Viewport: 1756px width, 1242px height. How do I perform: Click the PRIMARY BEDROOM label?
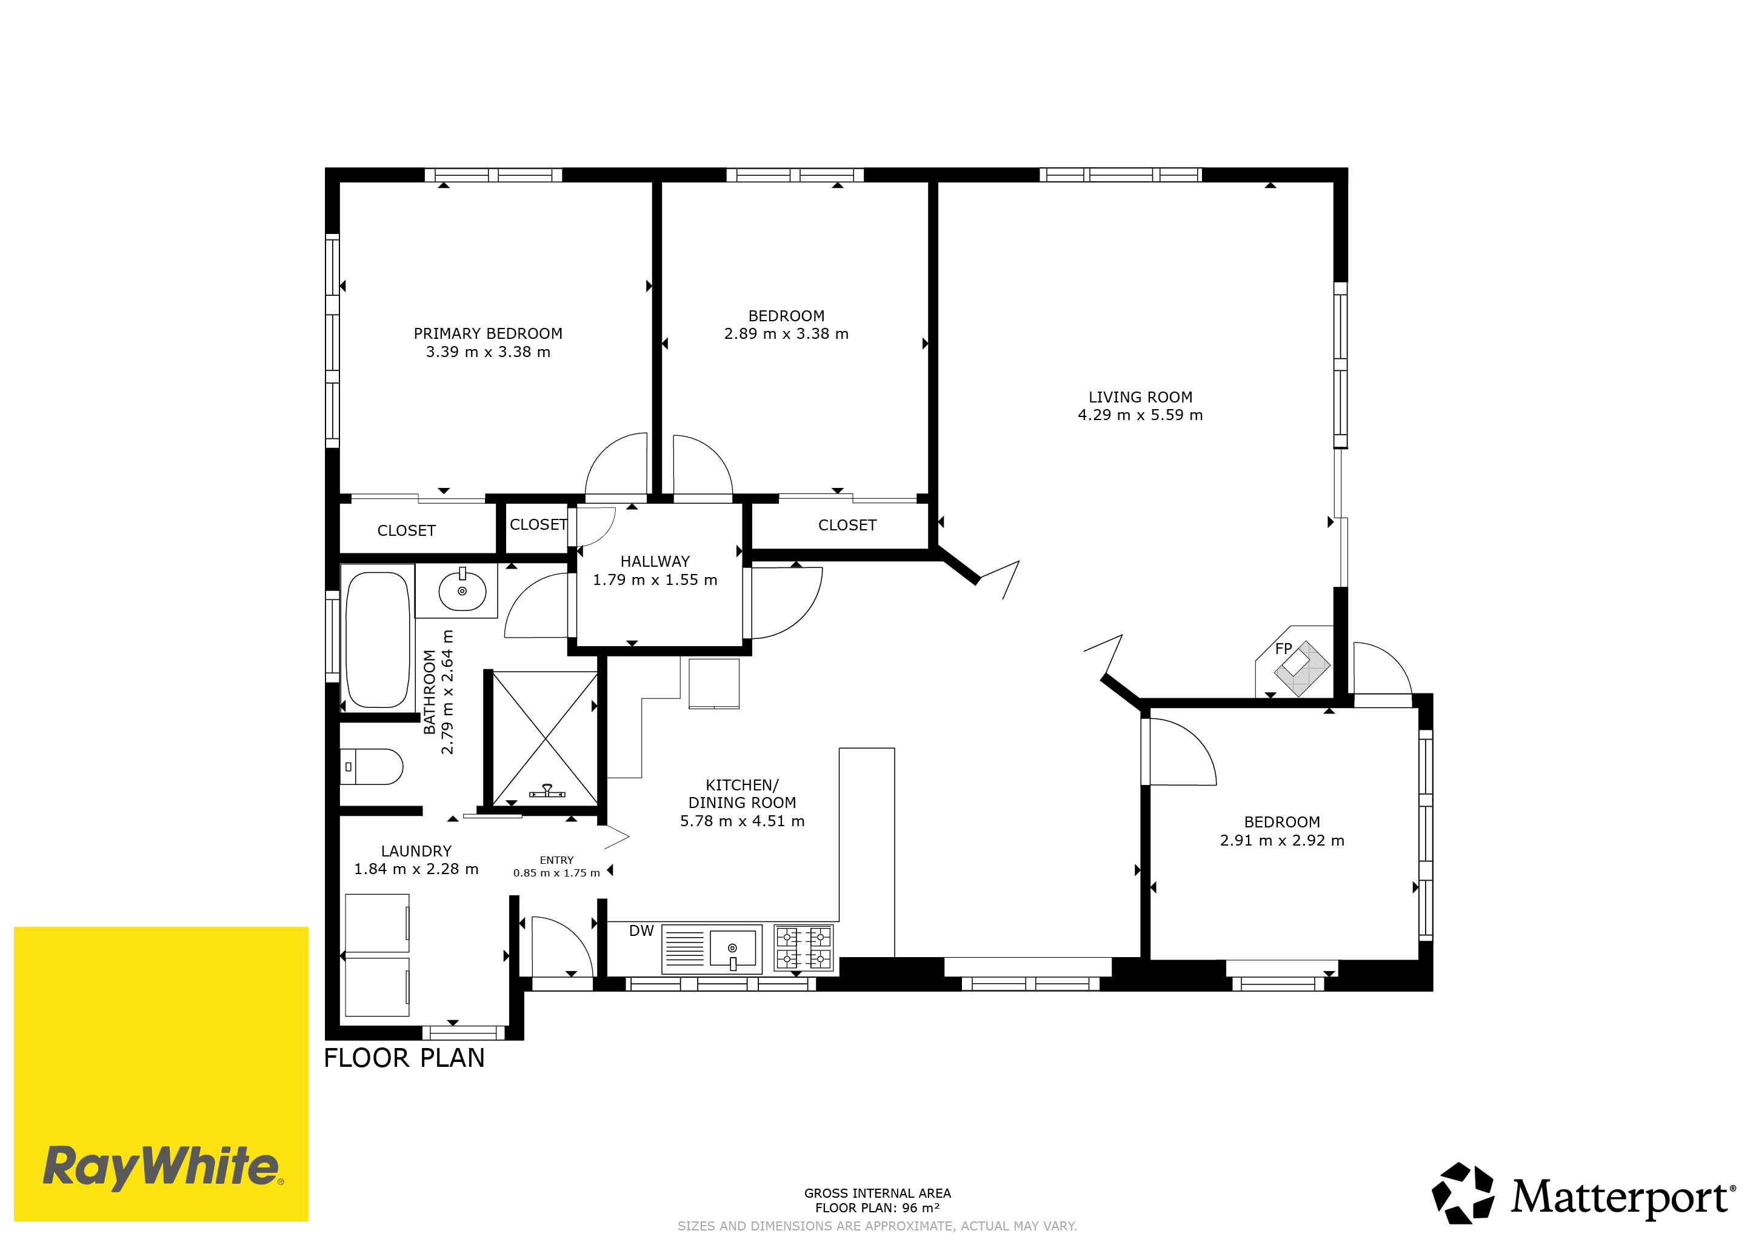[x=488, y=333]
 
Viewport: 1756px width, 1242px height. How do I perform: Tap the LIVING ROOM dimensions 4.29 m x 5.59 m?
[x=1140, y=415]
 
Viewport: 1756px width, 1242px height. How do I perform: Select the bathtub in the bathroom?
[x=378, y=639]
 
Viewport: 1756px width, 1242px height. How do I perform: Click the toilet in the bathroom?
[x=372, y=766]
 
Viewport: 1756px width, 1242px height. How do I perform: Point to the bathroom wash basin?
[x=462, y=590]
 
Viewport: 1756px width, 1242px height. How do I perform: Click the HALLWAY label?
[x=655, y=561]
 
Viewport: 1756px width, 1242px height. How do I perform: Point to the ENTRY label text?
[x=557, y=860]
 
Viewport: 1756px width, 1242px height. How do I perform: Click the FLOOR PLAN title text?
[x=404, y=1058]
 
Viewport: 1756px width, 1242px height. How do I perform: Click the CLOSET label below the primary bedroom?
[x=406, y=531]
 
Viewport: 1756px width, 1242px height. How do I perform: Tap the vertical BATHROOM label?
[x=430, y=692]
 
